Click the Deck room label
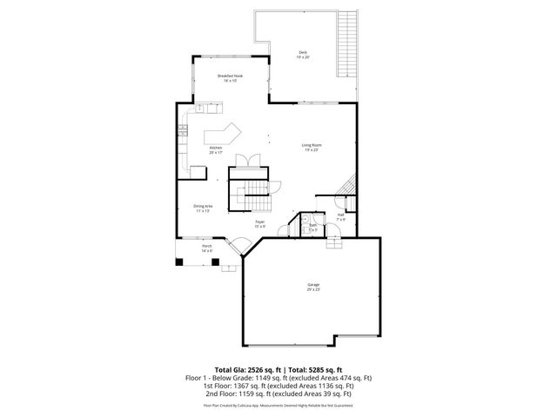coord(303,55)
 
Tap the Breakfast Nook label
coord(230,77)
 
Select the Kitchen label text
coord(216,149)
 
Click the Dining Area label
coord(203,207)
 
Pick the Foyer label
coord(259,223)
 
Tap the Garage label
coord(313,286)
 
